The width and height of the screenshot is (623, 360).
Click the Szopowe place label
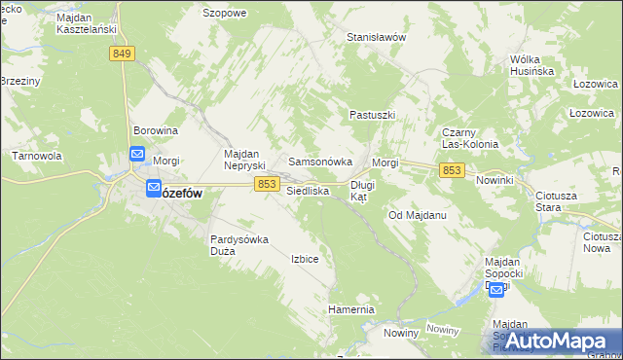(x=224, y=14)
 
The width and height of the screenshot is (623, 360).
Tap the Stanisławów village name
(x=376, y=37)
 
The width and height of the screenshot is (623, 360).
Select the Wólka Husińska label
(x=531, y=65)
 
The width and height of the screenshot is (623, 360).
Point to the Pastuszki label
(x=372, y=115)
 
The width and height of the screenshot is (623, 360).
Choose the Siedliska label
(x=308, y=192)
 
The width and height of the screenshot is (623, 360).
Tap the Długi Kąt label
(x=362, y=190)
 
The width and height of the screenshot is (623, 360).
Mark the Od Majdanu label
(x=417, y=214)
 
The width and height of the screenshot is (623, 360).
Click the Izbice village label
(x=305, y=260)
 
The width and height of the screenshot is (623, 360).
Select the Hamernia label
(x=351, y=309)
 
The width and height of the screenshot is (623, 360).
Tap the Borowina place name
(x=156, y=130)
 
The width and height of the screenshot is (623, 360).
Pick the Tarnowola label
(x=37, y=156)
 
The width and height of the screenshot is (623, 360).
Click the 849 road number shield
(x=122, y=54)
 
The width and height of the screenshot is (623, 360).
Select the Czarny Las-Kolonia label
(x=470, y=138)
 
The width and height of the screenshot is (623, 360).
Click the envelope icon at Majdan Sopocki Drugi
(x=496, y=290)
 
